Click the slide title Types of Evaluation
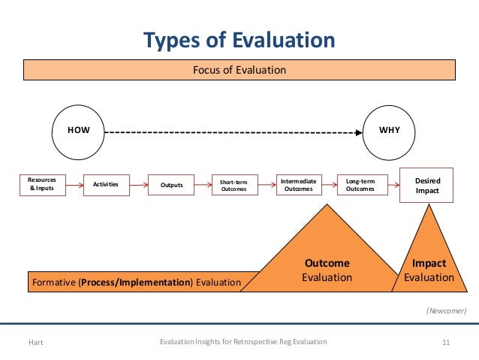tap(239, 39)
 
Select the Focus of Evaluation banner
tap(239, 70)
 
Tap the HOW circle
tap(79, 130)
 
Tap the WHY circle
tap(390, 130)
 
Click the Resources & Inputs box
tap(42, 184)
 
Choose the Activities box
tap(106, 184)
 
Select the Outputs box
tap(171, 184)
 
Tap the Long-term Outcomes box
tap(361, 185)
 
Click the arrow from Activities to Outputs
tap(138, 184)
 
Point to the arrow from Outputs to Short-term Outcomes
tap(202, 184)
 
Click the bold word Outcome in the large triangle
tap(327, 264)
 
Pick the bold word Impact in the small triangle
tap(429, 264)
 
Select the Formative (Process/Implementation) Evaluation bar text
tap(136, 282)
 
